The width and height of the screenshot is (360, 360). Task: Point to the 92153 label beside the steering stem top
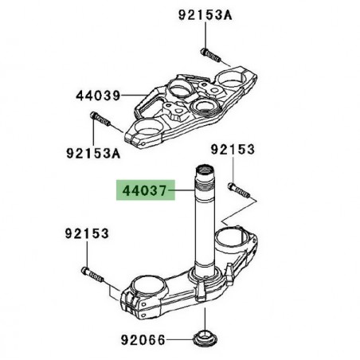(x=233, y=148)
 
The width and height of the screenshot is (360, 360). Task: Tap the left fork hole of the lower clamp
(x=148, y=282)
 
